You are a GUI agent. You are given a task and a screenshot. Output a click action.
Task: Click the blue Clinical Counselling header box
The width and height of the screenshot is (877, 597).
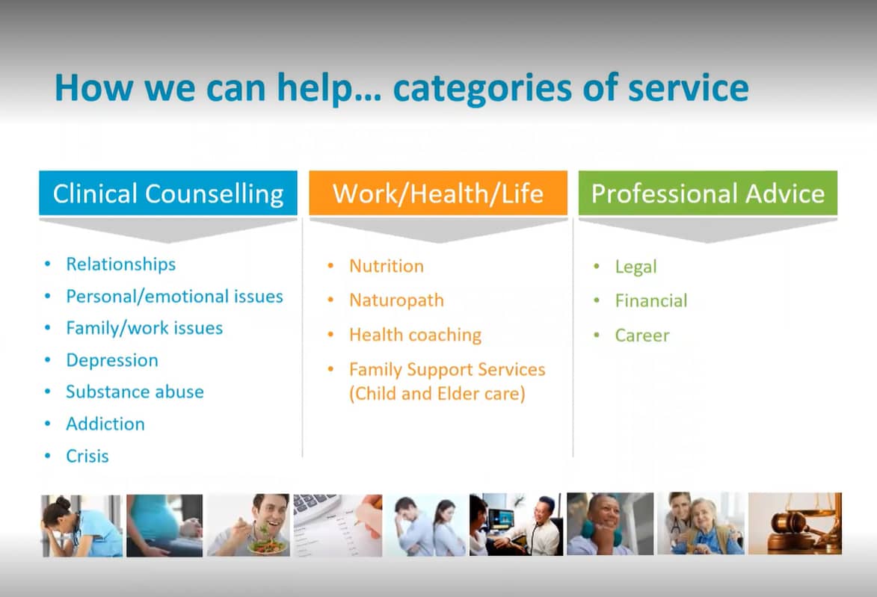pos(167,194)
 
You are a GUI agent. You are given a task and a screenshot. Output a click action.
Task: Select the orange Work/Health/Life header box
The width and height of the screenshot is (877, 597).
pos(438,194)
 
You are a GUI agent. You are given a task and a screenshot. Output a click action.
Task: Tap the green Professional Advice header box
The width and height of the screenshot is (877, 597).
pos(707,194)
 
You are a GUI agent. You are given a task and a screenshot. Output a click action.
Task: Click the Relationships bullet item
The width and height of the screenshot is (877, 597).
pos(120,264)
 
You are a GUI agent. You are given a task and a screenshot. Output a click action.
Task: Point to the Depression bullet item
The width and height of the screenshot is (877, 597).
pos(111,360)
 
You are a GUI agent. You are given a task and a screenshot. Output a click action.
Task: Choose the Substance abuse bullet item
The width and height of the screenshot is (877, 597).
pos(135,392)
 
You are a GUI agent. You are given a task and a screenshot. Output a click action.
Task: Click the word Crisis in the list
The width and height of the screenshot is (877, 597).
pos(87,456)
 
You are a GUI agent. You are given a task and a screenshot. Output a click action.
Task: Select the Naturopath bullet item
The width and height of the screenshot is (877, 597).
pos(396,300)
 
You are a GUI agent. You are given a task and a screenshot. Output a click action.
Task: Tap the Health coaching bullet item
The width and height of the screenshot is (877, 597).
pos(415,335)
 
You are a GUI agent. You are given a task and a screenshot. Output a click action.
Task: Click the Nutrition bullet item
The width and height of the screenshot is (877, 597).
pos(386,266)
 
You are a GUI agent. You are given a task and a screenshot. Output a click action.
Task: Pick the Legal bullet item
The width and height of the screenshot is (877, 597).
pos(636,267)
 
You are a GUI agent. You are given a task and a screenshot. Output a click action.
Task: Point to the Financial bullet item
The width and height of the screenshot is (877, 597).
pos(650,300)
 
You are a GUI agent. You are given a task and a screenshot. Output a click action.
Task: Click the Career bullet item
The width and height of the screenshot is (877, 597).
pos(641,335)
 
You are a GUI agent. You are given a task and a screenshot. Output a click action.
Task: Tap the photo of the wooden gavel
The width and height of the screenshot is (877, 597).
pos(794,524)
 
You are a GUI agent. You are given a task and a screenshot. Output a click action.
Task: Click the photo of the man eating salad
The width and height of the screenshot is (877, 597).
pos(248,525)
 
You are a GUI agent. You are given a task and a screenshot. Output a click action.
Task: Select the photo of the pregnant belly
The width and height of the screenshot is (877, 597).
pos(164,525)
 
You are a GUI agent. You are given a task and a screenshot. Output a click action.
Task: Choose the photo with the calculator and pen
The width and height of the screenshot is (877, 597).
pos(337,525)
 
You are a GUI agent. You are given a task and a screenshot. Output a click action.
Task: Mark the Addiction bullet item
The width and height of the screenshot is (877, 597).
pos(105,424)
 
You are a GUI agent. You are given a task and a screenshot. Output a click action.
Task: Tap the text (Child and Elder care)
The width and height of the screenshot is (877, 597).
pos(437,394)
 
